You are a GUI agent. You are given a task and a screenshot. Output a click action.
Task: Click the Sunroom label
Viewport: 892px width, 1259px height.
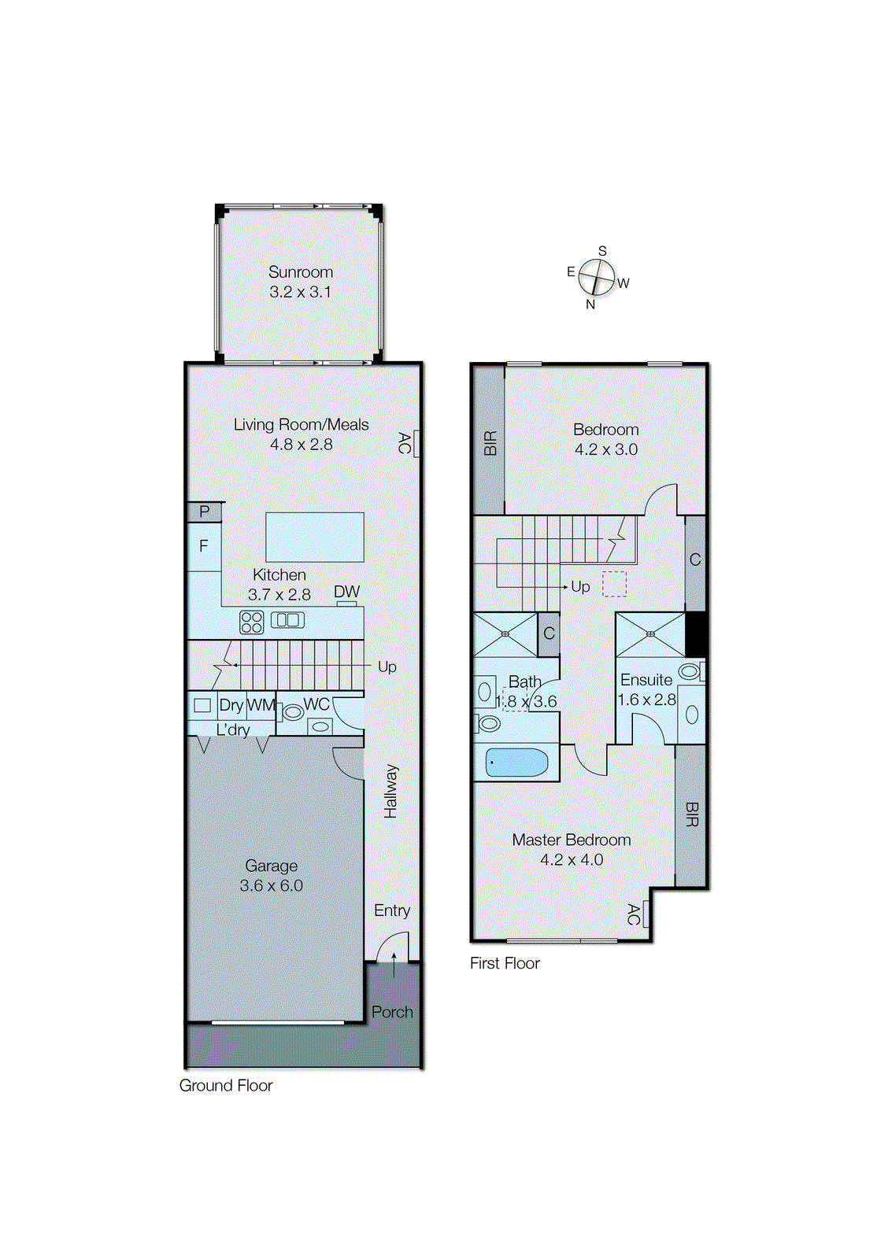(301, 272)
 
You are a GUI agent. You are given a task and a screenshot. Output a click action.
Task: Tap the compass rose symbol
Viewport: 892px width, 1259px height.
(596, 277)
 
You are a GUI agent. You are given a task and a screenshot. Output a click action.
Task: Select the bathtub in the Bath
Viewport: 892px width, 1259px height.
(516, 762)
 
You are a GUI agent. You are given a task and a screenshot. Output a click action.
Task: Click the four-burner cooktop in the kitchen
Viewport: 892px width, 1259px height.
(252, 622)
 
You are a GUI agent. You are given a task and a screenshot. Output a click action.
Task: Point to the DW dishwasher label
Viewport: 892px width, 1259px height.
(346, 592)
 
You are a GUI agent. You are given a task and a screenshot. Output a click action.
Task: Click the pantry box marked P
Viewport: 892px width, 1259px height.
(205, 512)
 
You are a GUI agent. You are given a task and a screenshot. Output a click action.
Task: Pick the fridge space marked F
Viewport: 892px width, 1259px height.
(204, 546)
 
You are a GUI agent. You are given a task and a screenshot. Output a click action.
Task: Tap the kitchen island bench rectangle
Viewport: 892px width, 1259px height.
(315, 537)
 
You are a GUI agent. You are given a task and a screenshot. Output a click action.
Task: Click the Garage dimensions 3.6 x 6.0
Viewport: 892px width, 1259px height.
(271, 885)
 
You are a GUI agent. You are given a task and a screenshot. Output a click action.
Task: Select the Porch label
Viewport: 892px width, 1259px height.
(392, 1012)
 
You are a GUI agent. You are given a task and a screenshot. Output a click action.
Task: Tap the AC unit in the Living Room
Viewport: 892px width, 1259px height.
(416, 443)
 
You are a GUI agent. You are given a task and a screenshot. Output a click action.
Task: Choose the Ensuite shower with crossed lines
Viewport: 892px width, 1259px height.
(650, 634)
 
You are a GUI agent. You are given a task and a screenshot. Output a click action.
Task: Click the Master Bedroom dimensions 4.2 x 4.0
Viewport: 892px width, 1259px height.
(572, 860)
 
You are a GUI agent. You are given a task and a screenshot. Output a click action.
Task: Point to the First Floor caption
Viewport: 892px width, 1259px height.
(505, 963)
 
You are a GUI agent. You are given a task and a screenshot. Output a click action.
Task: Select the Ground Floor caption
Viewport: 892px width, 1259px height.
(226, 1086)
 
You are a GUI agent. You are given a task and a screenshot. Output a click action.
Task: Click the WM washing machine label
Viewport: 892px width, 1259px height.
(261, 705)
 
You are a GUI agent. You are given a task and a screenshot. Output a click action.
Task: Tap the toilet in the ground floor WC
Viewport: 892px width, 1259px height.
(292, 712)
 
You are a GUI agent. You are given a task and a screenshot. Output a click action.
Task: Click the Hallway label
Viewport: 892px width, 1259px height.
(391, 791)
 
